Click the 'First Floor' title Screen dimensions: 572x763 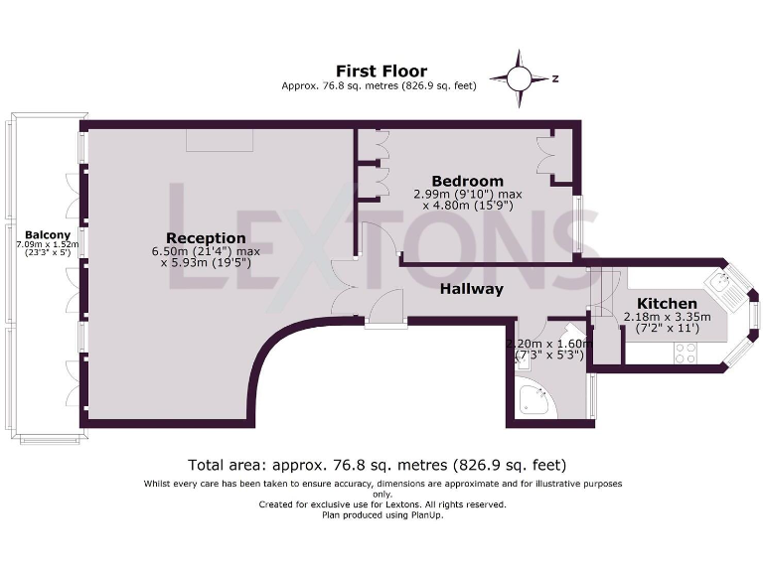381,71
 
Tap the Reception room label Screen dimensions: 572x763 206,237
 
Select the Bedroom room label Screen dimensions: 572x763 467,181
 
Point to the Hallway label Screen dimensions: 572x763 472,289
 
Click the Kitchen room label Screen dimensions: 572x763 667,303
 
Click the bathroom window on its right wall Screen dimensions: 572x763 593,394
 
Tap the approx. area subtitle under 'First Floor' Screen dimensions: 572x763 381,86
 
